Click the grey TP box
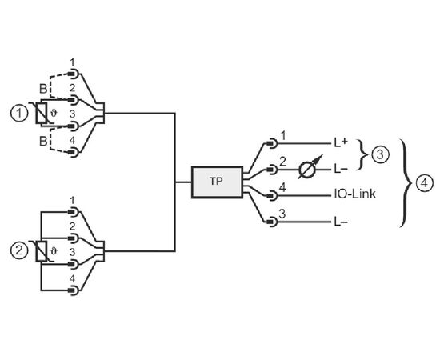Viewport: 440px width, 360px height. [x=217, y=182]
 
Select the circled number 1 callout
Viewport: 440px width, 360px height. [x=19, y=114]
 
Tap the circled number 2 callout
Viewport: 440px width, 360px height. [x=19, y=250]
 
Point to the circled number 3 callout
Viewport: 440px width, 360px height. [x=380, y=154]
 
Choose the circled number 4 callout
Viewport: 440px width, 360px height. [x=424, y=183]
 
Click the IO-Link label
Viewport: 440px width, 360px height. [x=354, y=194]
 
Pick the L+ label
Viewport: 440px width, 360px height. [x=341, y=143]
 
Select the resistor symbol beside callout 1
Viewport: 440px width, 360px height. [x=42, y=113]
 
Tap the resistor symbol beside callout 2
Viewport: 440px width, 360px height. [x=42, y=251]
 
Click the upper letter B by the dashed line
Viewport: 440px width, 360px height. [x=43, y=89]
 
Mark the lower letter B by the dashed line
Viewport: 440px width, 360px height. [x=43, y=141]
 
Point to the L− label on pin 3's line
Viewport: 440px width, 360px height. [x=341, y=222]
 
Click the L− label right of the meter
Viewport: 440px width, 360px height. [x=341, y=169]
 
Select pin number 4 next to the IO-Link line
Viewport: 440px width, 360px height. [x=282, y=187]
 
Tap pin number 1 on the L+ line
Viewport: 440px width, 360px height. [x=283, y=136]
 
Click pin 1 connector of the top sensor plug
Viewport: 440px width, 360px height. [x=74, y=74]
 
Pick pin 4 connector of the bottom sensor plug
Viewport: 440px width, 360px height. [x=74, y=290]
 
